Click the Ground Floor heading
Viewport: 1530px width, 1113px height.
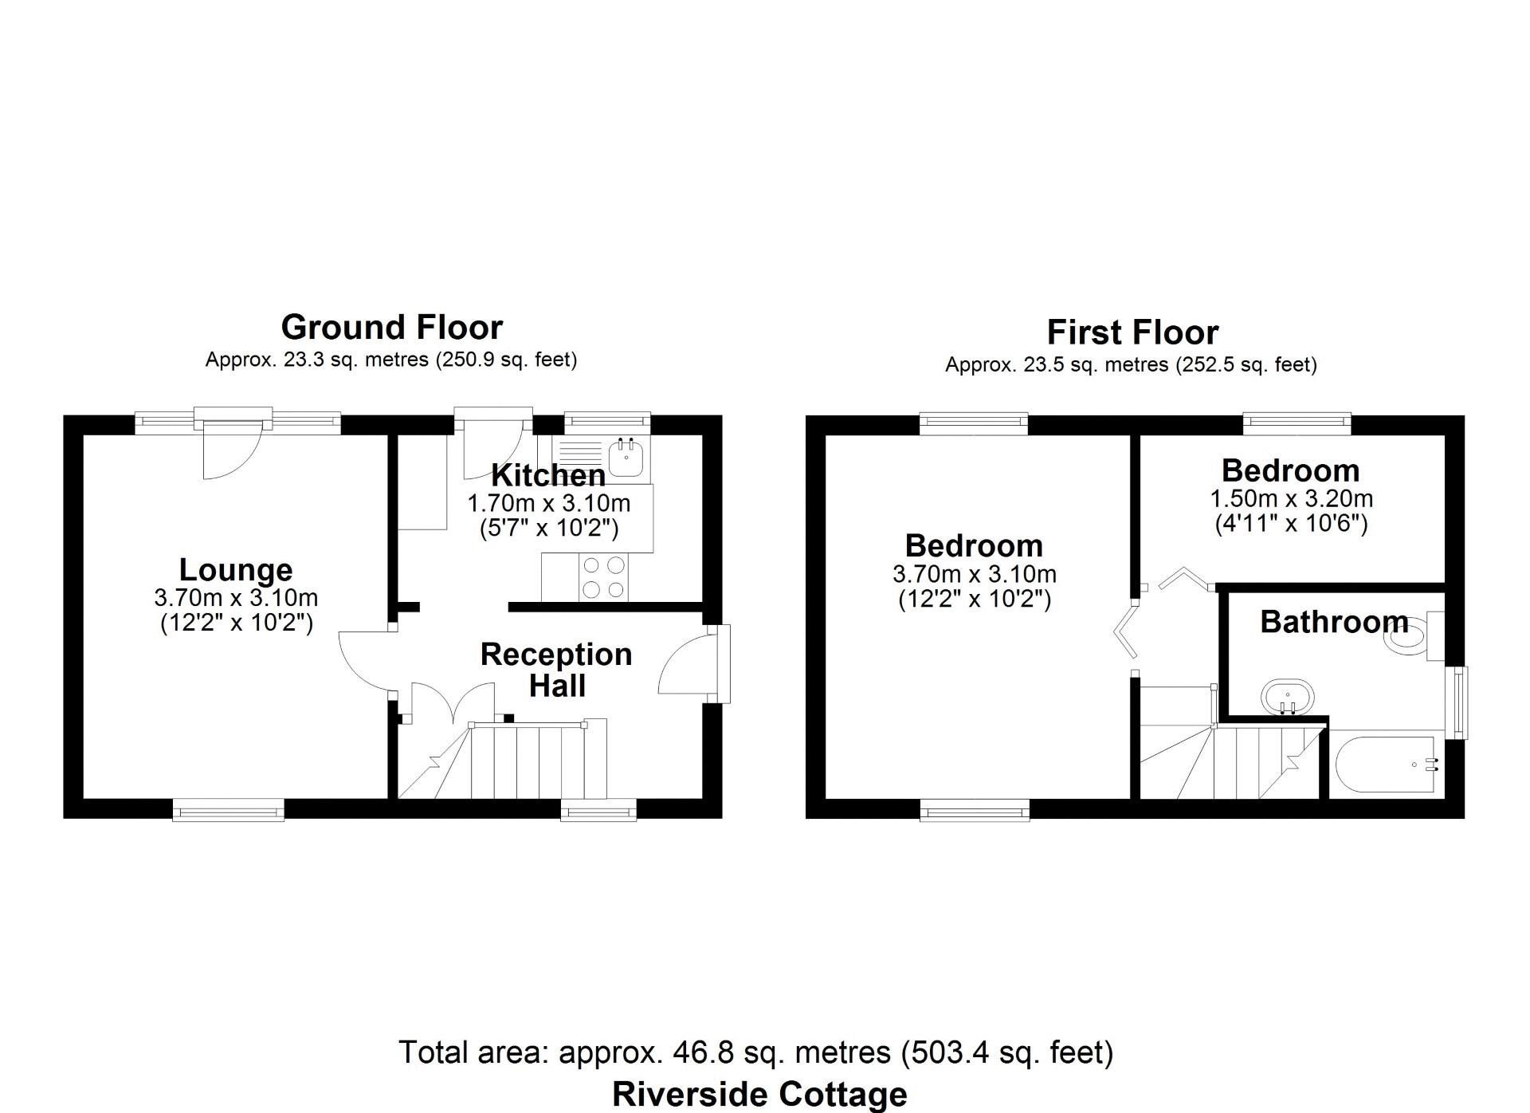[391, 328]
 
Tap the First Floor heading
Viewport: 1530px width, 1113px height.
[1132, 332]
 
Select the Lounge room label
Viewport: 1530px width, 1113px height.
[236, 569]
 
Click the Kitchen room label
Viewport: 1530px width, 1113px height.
[548, 475]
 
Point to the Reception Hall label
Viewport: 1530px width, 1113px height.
[556, 670]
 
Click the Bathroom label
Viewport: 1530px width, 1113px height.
[1334, 622]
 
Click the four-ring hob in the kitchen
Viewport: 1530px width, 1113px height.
[603, 577]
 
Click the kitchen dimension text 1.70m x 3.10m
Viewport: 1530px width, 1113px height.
[548, 504]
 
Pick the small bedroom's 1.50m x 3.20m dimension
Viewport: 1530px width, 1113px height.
[1291, 499]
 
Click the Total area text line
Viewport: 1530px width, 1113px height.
[755, 1052]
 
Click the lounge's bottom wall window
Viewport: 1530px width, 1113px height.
[229, 810]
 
